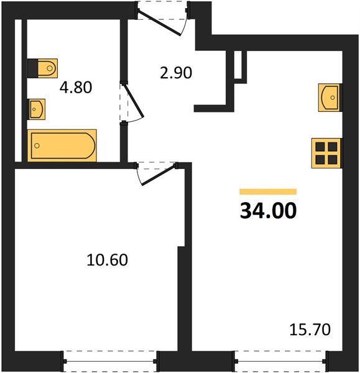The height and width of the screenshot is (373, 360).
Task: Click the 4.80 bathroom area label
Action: point(76,87)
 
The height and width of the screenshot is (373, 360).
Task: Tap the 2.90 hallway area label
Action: point(176,73)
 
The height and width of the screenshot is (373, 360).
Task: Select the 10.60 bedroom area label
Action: point(107,259)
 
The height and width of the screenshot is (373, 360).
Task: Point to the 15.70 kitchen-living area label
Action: point(310,329)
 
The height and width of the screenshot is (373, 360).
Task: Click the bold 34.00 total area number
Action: point(268,211)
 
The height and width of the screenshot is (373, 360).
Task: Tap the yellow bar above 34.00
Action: point(268,191)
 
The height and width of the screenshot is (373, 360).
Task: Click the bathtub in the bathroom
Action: point(62,145)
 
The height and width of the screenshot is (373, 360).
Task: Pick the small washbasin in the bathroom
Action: point(37,109)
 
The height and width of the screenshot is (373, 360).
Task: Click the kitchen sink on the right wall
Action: point(330,98)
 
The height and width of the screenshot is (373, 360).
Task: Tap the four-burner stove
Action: point(326,154)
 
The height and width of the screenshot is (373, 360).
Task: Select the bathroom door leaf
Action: point(134,100)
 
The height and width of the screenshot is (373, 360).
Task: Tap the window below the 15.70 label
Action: point(280,361)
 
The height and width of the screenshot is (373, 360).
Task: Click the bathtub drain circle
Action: point(37,145)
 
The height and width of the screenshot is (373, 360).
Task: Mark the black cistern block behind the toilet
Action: point(32,68)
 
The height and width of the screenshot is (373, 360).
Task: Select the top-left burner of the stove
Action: point(320,147)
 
